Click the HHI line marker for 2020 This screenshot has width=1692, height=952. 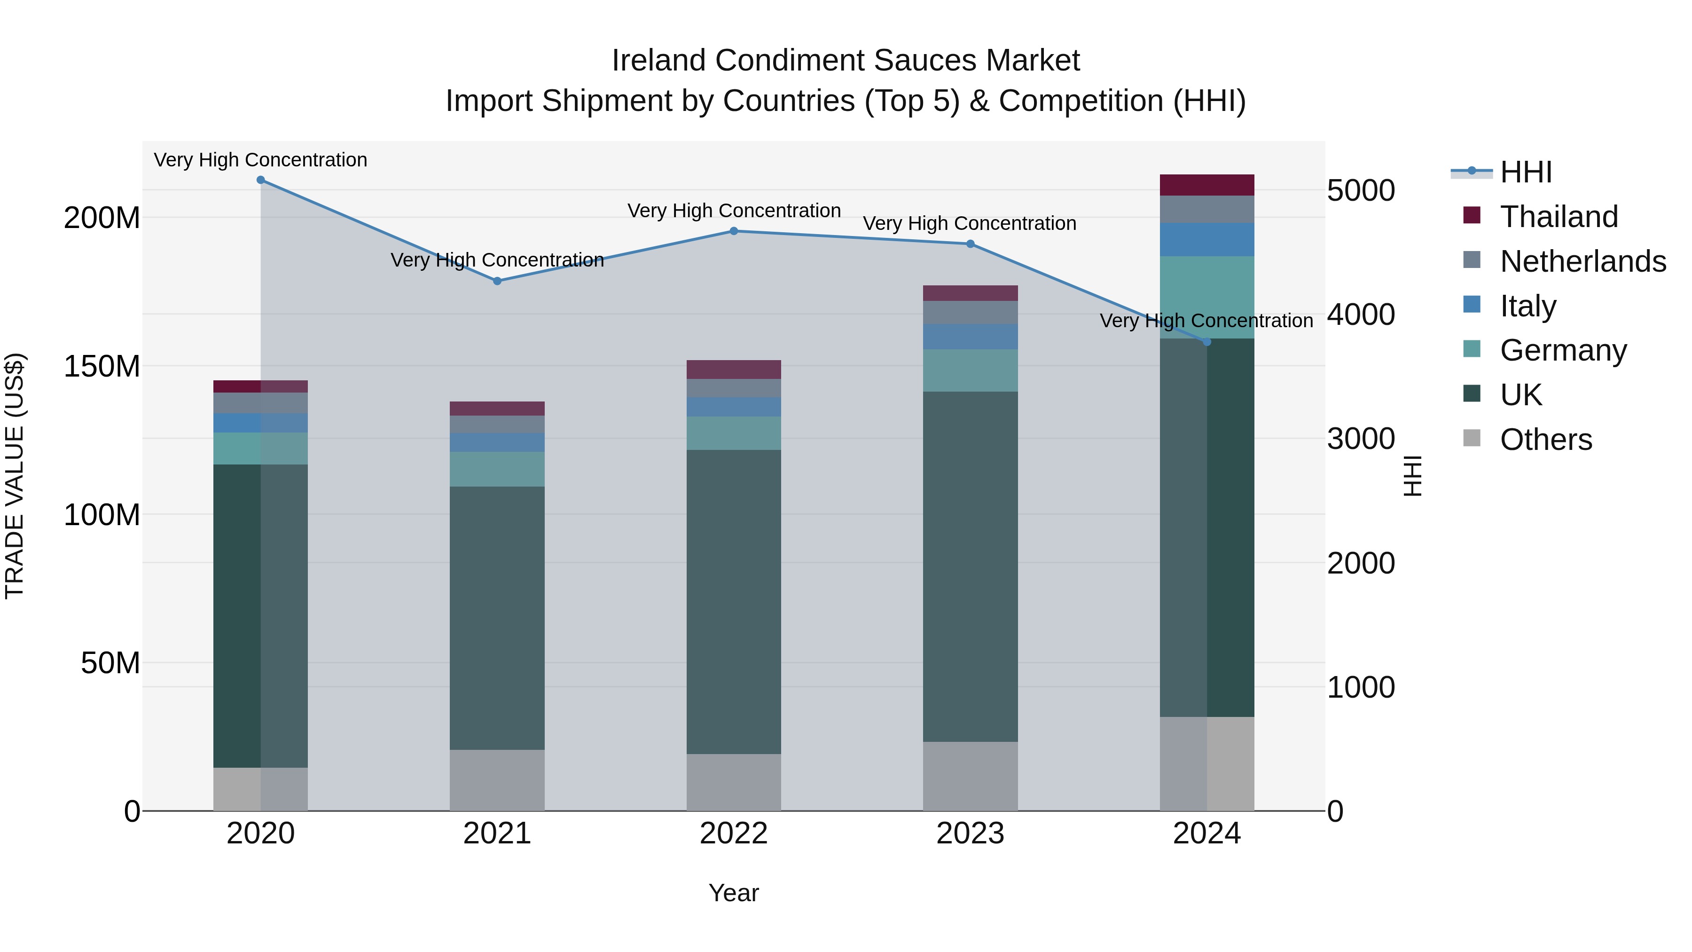261,180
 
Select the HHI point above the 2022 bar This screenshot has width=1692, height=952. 734,231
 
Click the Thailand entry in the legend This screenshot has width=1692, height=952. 1559,217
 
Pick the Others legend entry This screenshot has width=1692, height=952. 1545,440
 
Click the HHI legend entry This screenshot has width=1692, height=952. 1525,172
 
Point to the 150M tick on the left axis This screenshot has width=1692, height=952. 102,366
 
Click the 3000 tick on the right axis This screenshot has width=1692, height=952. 1360,439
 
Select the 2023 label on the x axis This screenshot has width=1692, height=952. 970,834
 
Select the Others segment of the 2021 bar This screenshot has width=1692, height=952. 497,780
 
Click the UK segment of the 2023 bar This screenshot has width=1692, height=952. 970,566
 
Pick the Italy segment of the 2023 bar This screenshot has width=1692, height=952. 970,337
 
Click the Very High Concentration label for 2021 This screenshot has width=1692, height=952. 497,260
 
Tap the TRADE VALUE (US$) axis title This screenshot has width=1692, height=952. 15,476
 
